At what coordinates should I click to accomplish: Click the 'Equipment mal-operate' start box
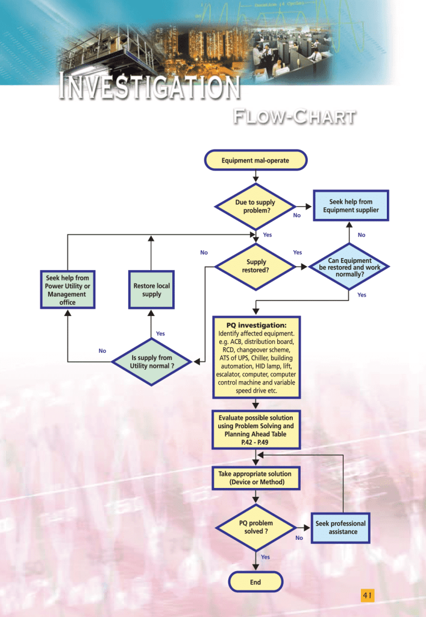pos(255,161)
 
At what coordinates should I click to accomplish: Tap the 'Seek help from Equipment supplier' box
pos(350,206)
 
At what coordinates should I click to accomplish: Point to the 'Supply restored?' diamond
pos(255,266)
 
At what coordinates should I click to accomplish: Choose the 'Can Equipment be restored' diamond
pos(349,267)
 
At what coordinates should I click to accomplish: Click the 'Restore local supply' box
pos(151,290)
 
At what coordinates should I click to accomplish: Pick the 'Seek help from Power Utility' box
pos(67,290)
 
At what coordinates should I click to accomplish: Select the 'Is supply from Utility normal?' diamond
pos(152,362)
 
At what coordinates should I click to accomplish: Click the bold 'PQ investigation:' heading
pos(256,326)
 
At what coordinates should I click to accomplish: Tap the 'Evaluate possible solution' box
pos(256,429)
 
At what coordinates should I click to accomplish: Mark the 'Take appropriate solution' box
pos(256,478)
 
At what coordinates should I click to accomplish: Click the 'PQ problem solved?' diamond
pos(256,527)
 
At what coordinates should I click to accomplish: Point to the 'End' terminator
pos(255,582)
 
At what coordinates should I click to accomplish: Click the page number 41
pos(368,596)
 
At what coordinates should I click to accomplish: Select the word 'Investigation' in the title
pos(149,88)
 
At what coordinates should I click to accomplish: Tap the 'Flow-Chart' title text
pos(293,116)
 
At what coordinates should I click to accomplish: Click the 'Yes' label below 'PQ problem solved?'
pos(265,557)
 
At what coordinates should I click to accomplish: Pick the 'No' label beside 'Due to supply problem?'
pos(296,215)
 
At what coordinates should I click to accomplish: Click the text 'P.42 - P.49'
pos(256,442)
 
